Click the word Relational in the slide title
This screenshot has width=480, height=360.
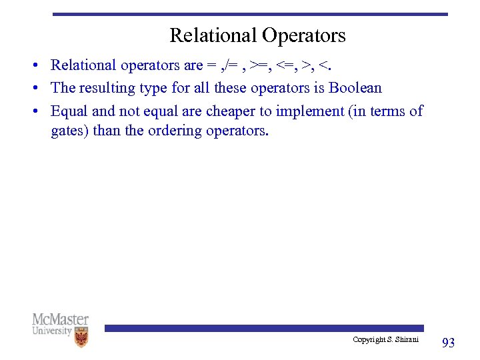click(213, 35)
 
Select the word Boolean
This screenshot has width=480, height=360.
click(355, 87)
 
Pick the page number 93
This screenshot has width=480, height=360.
click(449, 343)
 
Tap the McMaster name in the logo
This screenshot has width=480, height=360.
click(60, 319)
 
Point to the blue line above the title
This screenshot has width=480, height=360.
click(250, 14)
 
